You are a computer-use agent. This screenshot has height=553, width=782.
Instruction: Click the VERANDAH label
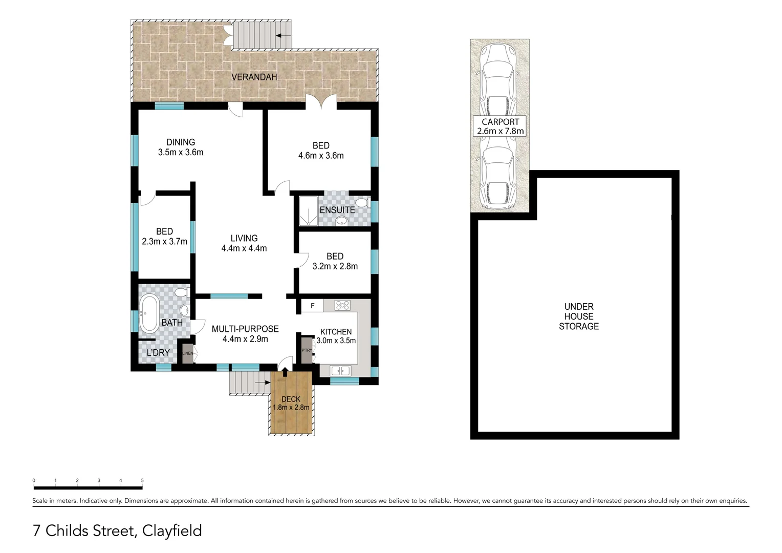coord(254,77)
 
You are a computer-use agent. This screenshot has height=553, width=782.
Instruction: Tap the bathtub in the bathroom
coord(149,313)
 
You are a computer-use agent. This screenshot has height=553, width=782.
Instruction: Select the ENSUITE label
coord(337,210)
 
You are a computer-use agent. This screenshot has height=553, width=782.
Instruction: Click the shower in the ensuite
coord(309,210)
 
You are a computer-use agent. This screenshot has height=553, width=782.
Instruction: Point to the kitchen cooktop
coord(342,306)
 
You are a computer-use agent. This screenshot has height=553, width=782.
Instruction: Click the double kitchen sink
coord(340,371)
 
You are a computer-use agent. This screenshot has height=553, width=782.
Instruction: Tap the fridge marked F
coord(312,306)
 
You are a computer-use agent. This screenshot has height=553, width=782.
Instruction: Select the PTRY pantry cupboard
coord(307,350)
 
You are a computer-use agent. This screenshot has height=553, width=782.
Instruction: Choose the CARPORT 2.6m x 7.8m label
coord(500,126)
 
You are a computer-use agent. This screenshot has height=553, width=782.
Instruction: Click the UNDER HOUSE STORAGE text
coord(578,316)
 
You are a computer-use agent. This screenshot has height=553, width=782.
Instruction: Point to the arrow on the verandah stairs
coord(283,35)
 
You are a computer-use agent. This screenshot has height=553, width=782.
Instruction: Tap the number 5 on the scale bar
coord(142,480)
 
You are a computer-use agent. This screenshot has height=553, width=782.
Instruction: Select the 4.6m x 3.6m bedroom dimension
coord(321,156)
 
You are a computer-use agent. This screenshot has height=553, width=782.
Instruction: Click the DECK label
coord(291,399)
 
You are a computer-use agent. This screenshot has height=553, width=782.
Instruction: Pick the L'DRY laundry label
coord(158,353)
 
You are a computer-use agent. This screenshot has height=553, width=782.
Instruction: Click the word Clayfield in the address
coord(172,530)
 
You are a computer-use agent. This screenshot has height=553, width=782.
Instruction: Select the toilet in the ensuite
coord(362,203)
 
